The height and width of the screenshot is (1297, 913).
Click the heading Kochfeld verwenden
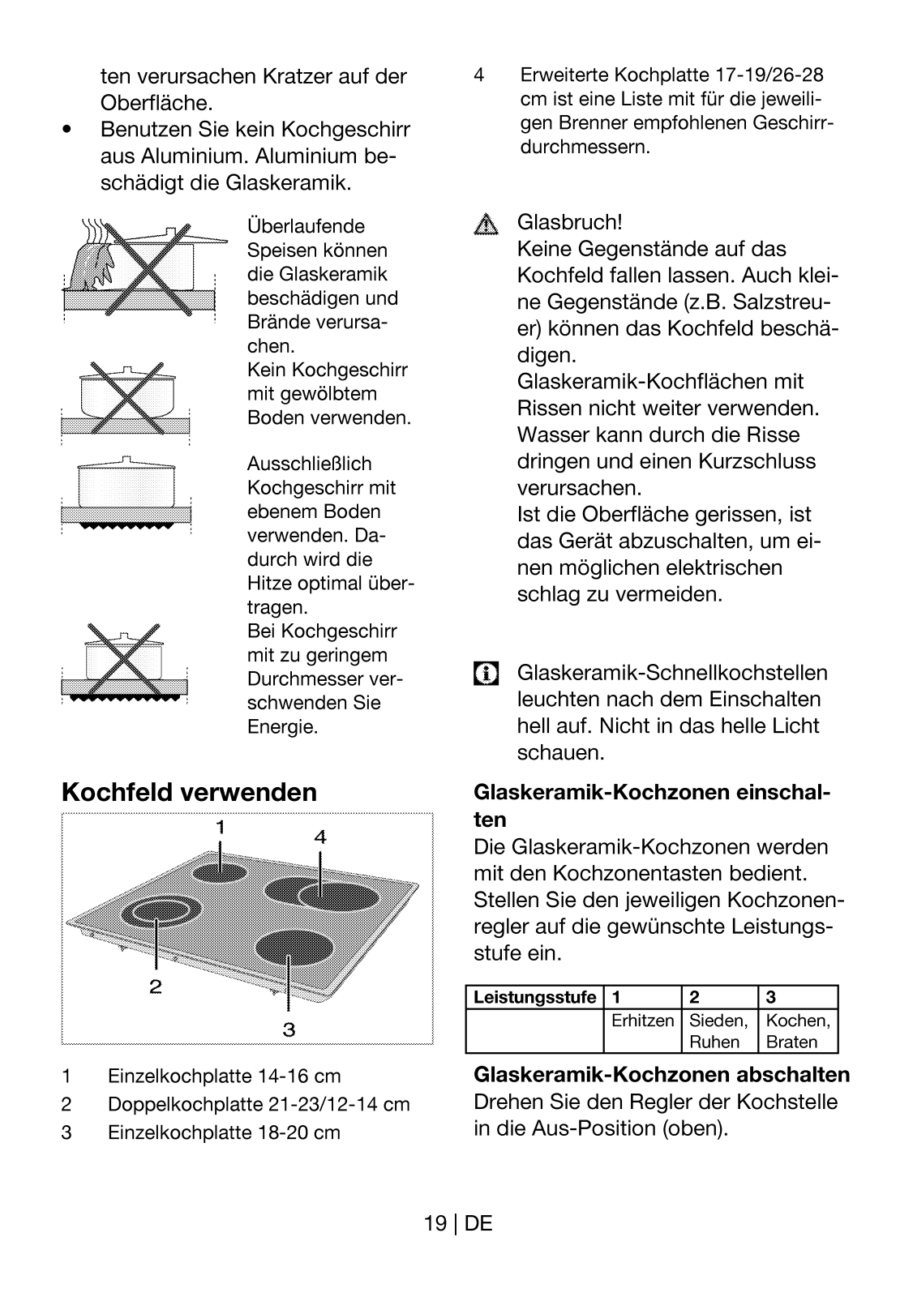189,792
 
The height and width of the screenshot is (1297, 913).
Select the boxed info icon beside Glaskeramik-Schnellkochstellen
486,674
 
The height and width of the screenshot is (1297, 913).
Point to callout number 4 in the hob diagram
320,837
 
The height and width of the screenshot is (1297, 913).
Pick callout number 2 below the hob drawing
155,987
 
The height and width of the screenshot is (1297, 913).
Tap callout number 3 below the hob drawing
289,1030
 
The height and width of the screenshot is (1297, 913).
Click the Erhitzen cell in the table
642,1021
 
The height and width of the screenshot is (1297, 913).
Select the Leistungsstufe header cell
534,997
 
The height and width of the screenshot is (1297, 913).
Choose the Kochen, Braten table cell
798,1031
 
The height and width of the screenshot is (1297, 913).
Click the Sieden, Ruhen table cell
718,1031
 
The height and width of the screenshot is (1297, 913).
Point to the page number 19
435,1223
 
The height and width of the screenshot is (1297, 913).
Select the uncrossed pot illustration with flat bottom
126,490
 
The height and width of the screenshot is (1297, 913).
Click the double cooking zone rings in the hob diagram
160,913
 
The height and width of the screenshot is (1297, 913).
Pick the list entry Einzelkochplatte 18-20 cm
224,1132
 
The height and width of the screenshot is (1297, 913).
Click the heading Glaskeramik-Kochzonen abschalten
661,1075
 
